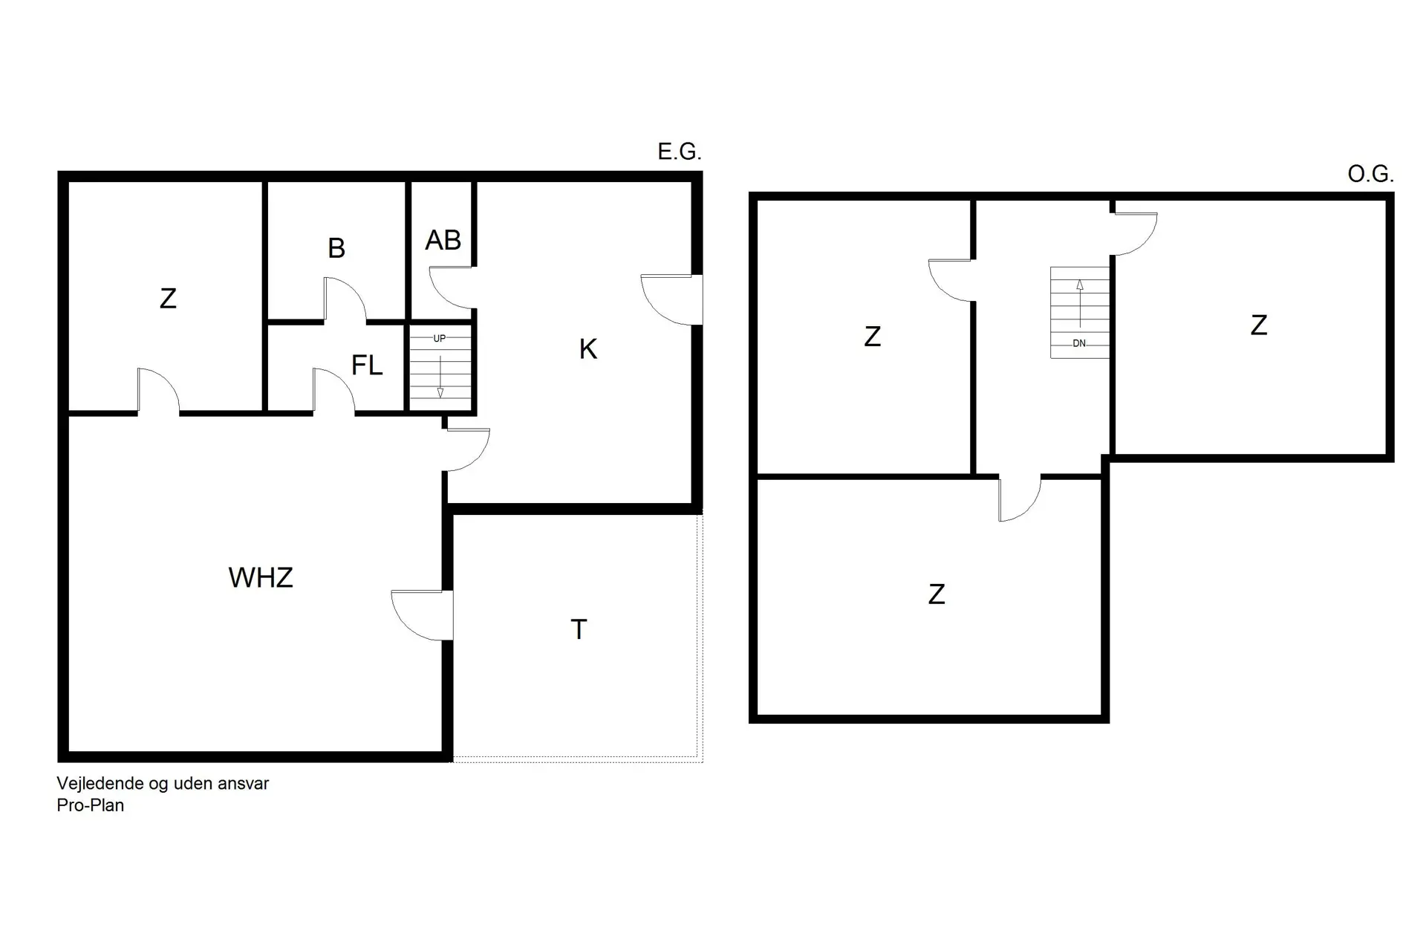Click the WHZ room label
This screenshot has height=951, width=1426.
pyautogui.click(x=261, y=578)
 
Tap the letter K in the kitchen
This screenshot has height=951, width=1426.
pyautogui.click(x=587, y=349)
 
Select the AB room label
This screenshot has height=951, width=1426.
pyautogui.click(x=443, y=241)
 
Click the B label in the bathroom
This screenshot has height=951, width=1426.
pyautogui.click(x=336, y=248)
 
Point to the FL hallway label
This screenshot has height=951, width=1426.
pyautogui.click(x=367, y=366)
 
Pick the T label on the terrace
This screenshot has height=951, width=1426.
pyautogui.click(x=579, y=630)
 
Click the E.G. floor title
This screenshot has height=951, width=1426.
pyautogui.click(x=679, y=152)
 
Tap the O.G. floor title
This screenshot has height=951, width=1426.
pyautogui.click(x=1370, y=175)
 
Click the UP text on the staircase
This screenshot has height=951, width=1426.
pyautogui.click(x=440, y=339)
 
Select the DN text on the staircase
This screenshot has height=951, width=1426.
pyautogui.click(x=1079, y=343)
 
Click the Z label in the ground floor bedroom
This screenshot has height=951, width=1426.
pyautogui.click(x=169, y=299)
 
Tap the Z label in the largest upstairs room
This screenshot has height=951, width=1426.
pyautogui.click(x=937, y=594)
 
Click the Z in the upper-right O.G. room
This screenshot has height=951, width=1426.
pyautogui.click(x=1258, y=325)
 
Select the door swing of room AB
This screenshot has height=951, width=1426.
pyautogui.click(x=451, y=288)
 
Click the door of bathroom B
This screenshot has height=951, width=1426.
pyautogui.click(x=345, y=299)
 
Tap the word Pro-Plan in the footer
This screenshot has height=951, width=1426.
pyautogui.click(x=91, y=805)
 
